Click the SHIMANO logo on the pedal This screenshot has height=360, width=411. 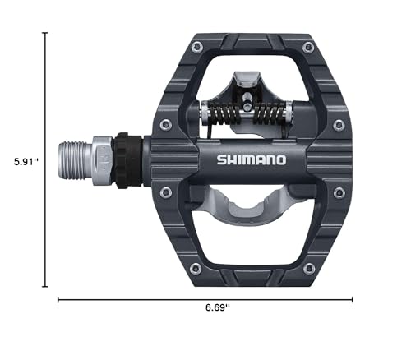point(252,159)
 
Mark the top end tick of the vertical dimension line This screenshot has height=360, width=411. point(45,33)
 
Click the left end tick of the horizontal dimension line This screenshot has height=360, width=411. point(58,300)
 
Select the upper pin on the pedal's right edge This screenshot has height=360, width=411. point(338,124)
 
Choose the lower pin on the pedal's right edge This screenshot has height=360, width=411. point(338,192)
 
